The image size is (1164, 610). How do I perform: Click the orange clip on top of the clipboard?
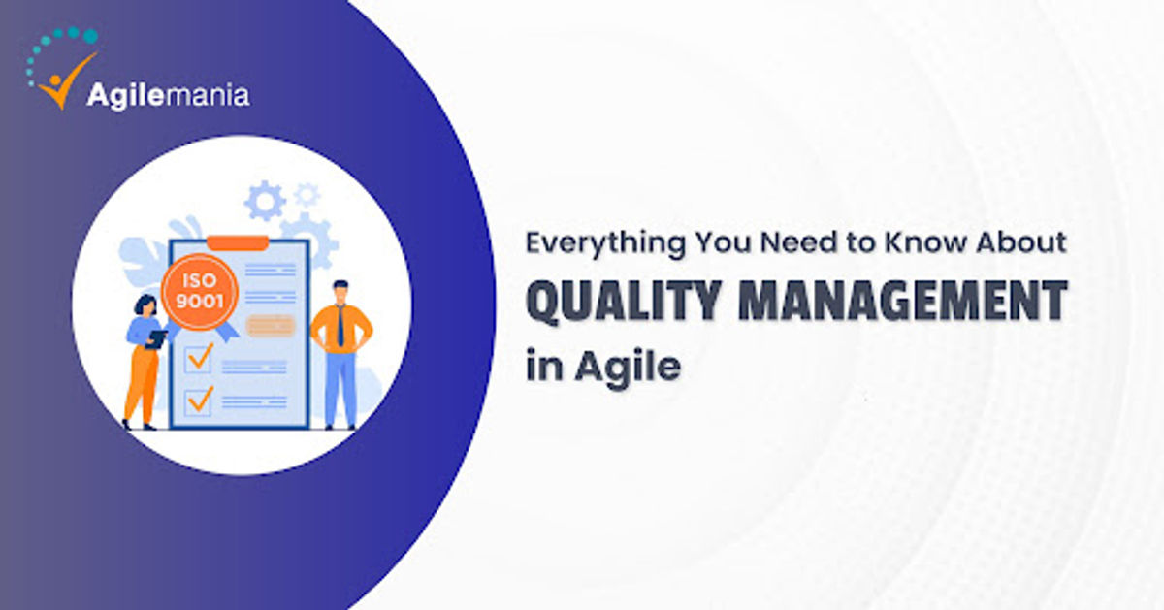click(237, 241)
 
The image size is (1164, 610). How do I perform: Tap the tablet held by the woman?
click(157, 337)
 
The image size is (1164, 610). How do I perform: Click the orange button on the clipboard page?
click(269, 326)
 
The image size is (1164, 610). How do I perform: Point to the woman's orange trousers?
click(142, 383)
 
